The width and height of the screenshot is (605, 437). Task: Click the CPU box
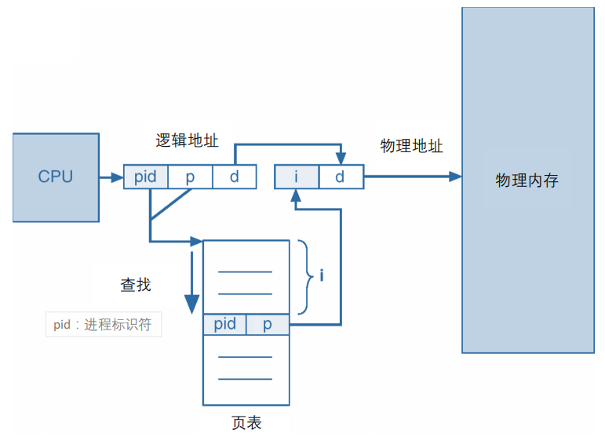click(x=56, y=177)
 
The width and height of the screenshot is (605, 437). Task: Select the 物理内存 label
click(x=527, y=180)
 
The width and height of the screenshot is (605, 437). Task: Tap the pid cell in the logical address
click(x=145, y=177)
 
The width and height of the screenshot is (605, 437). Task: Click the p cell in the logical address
click(x=190, y=177)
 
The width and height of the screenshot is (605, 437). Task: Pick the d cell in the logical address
click(x=234, y=177)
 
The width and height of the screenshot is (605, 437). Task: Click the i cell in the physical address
click(x=296, y=177)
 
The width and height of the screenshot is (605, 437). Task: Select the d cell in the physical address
click(x=340, y=177)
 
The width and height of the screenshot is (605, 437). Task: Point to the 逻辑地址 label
click(x=187, y=140)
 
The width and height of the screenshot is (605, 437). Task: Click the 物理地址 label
click(x=411, y=146)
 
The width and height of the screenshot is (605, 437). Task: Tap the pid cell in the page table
click(x=224, y=324)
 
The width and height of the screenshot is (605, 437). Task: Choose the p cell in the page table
click(x=267, y=324)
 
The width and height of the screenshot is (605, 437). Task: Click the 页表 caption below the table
click(x=246, y=423)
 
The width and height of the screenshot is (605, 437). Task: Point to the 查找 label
click(x=135, y=285)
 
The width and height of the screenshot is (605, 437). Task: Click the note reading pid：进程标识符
click(x=103, y=325)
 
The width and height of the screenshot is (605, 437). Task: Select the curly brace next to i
click(x=304, y=276)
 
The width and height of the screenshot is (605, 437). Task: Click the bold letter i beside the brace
click(x=322, y=276)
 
